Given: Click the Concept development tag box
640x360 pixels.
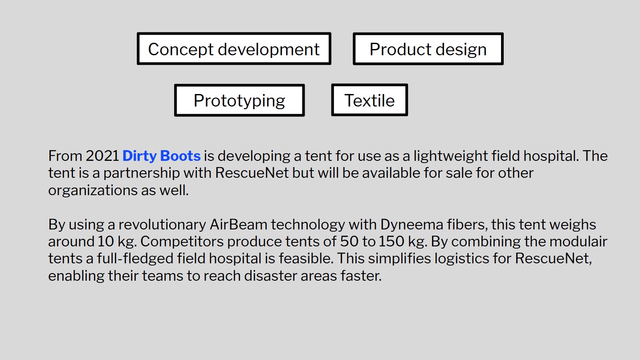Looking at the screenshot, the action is [234, 49].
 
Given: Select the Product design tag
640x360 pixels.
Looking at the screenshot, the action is [428, 49].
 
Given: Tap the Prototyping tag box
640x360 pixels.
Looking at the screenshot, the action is [240, 100].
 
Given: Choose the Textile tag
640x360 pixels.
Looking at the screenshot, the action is [369, 100].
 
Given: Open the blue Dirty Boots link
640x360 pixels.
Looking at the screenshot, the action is [161, 156].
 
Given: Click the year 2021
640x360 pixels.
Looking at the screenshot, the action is [102, 156].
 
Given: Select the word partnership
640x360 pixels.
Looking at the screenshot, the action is [142, 173].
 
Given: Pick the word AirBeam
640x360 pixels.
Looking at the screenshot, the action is [239, 225].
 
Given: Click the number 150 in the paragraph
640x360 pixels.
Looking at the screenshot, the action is [391, 241].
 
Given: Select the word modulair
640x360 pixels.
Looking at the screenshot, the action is [578, 241].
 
